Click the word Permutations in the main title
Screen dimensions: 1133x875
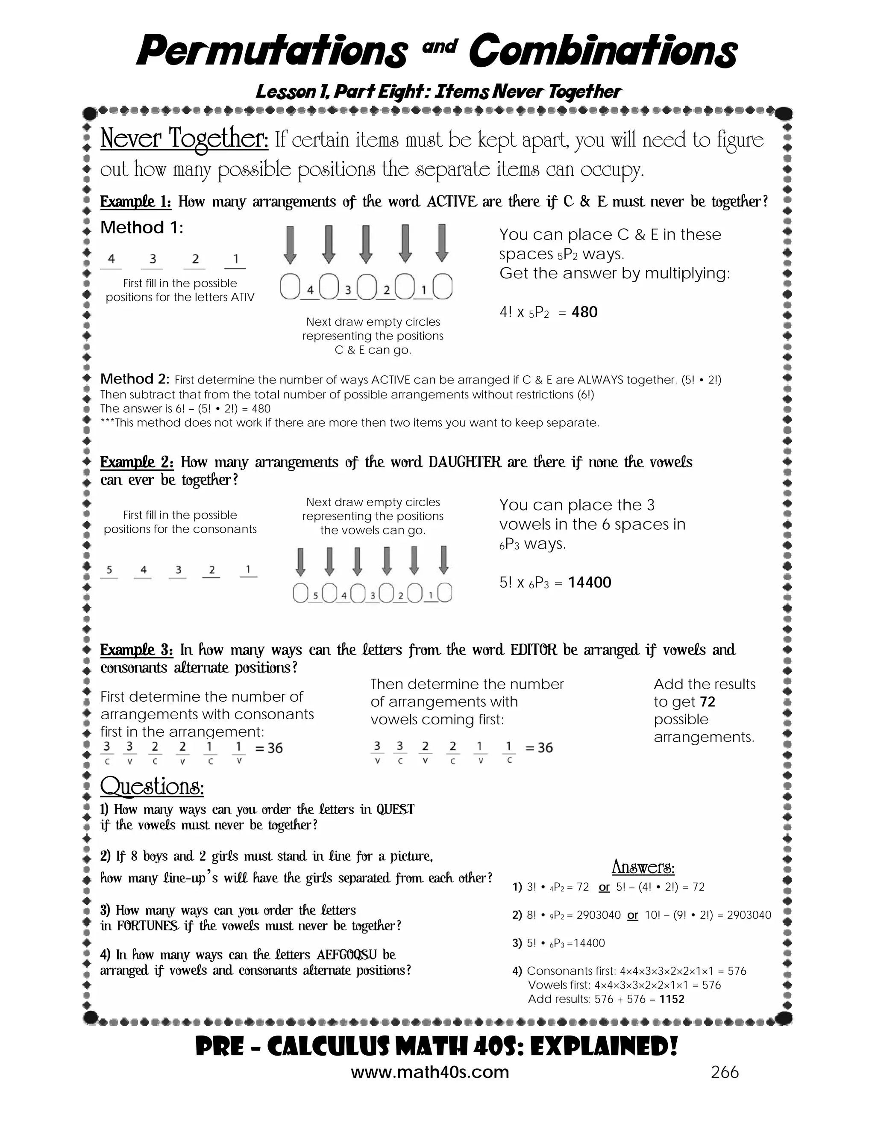[272, 52]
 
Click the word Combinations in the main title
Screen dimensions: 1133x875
[602, 52]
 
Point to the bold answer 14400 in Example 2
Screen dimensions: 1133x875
[589, 583]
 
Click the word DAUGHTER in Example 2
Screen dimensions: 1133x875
[465, 462]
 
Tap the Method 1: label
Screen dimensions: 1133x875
[141, 228]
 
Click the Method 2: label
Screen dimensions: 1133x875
[134, 379]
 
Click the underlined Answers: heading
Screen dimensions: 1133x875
[643, 867]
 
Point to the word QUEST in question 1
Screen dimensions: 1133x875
[396, 810]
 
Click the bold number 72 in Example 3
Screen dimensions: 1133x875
[707, 702]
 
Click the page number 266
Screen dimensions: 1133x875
[725, 1072]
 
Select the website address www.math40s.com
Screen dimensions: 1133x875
[430, 1072]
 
